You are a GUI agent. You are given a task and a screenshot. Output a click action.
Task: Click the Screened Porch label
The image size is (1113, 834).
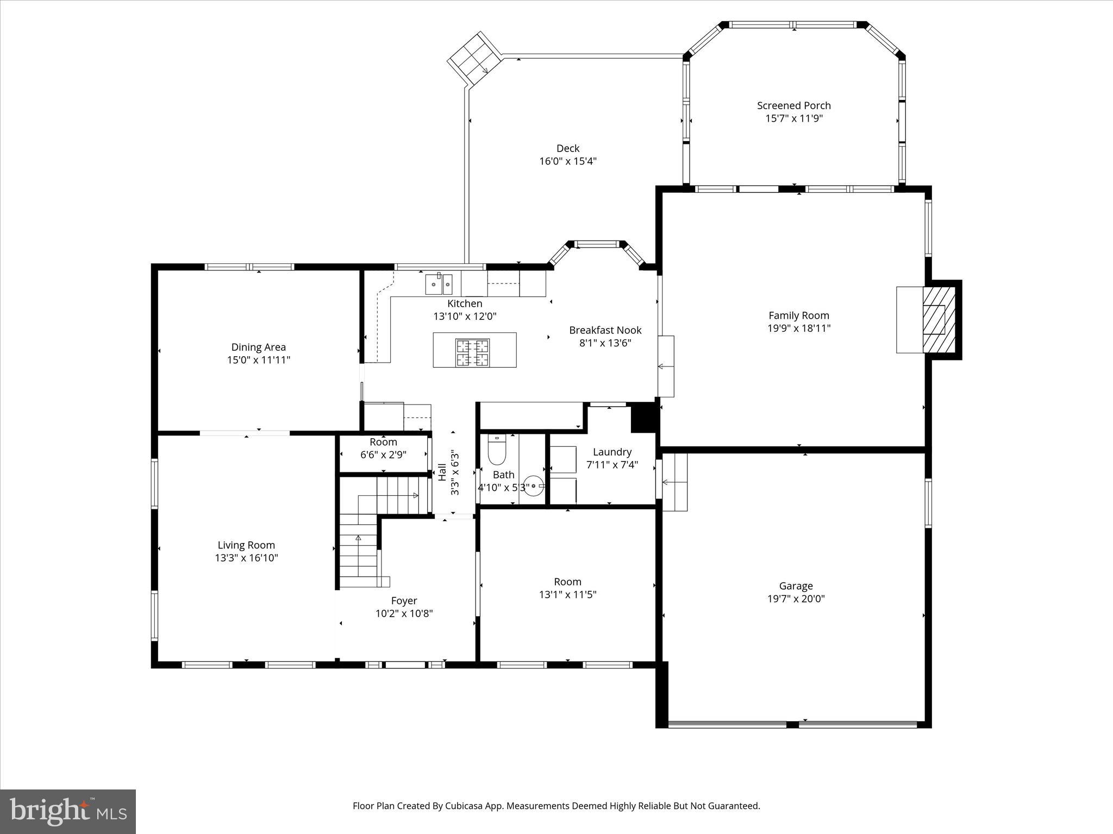[793, 105]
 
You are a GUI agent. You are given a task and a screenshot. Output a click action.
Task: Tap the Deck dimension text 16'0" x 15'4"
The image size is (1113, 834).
[567, 161]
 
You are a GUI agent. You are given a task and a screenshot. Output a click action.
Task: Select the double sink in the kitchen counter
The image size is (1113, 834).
[439, 284]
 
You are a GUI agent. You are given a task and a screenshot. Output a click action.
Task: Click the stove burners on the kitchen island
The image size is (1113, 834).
[472, 352]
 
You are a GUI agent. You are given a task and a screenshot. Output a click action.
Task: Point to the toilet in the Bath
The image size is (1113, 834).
[496, 451]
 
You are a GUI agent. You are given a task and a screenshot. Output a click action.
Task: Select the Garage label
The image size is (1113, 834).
[796, 586]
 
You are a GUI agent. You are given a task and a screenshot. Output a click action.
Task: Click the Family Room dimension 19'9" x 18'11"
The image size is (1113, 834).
[799, 328]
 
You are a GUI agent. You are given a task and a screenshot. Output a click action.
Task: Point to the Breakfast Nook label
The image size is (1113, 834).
[605, 330]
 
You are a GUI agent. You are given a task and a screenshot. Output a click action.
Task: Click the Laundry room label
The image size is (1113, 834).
[612, 452]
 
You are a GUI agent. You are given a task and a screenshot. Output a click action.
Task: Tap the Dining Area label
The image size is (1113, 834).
[258, 347]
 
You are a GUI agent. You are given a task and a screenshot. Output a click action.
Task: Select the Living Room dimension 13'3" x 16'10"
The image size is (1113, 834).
[246, 558]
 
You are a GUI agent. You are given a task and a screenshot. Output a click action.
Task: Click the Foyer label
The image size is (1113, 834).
[404, 601]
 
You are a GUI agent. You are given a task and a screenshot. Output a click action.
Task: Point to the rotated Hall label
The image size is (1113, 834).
[442, 471]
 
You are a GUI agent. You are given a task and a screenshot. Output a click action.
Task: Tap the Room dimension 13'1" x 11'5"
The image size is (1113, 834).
[567, 595]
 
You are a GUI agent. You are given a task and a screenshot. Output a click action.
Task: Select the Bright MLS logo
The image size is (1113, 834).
[68, 811]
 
